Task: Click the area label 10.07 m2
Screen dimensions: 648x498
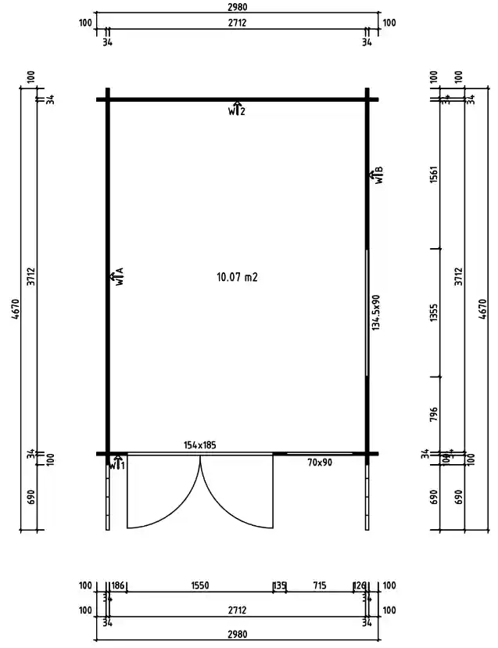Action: pyautogui.click(x=236, y=277)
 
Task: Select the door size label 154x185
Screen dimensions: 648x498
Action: pyautogui.click(x=199, y=445)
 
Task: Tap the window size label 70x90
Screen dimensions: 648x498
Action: pyautogui.click(x=320, y=463)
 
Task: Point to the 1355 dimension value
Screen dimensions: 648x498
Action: pyautogui.click(x=434, y=313)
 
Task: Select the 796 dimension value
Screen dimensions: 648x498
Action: pyautogui.click(x=434, y=413)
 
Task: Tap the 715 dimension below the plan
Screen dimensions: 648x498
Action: pyautogui.click(x=319, y=585)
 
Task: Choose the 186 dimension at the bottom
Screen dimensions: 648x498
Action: pyautogui.click(x=118, y=585)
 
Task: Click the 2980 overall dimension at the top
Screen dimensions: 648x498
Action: pyautogui.click(x=237, y=7)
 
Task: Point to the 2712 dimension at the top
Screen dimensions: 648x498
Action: pyautogui.click(x=237, y=23)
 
